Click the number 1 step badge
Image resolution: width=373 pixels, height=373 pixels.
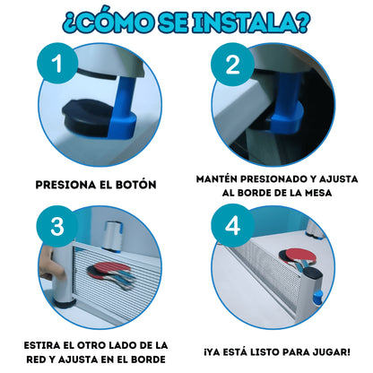(57, 63)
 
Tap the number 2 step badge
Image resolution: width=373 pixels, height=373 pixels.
(232, 64)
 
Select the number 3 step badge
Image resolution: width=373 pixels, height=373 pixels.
(57, 226)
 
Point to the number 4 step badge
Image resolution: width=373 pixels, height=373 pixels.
(232, 225)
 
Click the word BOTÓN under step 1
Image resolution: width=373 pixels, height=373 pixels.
(136, 185)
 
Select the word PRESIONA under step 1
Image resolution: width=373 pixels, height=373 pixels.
(65, 185)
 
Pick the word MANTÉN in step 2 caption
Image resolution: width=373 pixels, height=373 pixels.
(217, 178)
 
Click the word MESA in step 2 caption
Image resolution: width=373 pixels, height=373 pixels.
(318, 193)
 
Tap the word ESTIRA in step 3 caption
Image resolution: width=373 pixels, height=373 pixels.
(42, 345)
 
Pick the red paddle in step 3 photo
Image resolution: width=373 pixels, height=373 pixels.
(109, 270)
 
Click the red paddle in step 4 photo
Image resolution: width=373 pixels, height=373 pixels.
(299, 256)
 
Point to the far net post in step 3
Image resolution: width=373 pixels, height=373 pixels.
(111, 236)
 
